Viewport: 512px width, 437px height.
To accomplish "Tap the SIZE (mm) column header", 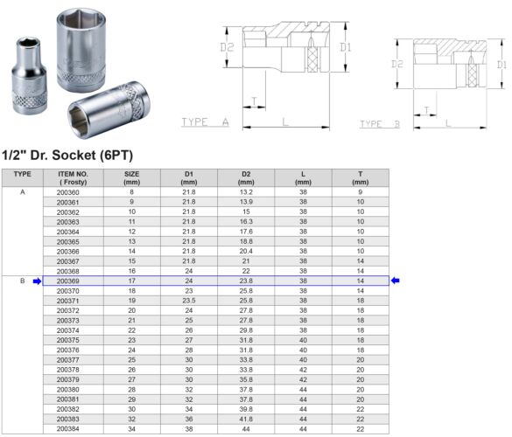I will (131, 177).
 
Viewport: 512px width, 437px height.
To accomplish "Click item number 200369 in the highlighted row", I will (67, 281).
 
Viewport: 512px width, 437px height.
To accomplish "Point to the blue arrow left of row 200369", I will (37, 281).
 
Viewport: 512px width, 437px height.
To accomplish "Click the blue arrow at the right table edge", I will (396, 281).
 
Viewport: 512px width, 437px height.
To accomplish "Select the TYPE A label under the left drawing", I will (204, 122).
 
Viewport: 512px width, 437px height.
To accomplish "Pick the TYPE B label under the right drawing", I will (379, 124).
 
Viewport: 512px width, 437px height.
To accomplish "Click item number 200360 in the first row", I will (67, 191).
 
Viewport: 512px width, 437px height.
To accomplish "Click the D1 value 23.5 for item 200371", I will (188, 300).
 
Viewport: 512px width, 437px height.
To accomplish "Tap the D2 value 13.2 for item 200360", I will (246, 191).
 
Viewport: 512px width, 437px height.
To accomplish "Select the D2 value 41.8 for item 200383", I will (246, 420).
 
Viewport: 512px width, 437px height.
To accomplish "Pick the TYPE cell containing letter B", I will (22, 281).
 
